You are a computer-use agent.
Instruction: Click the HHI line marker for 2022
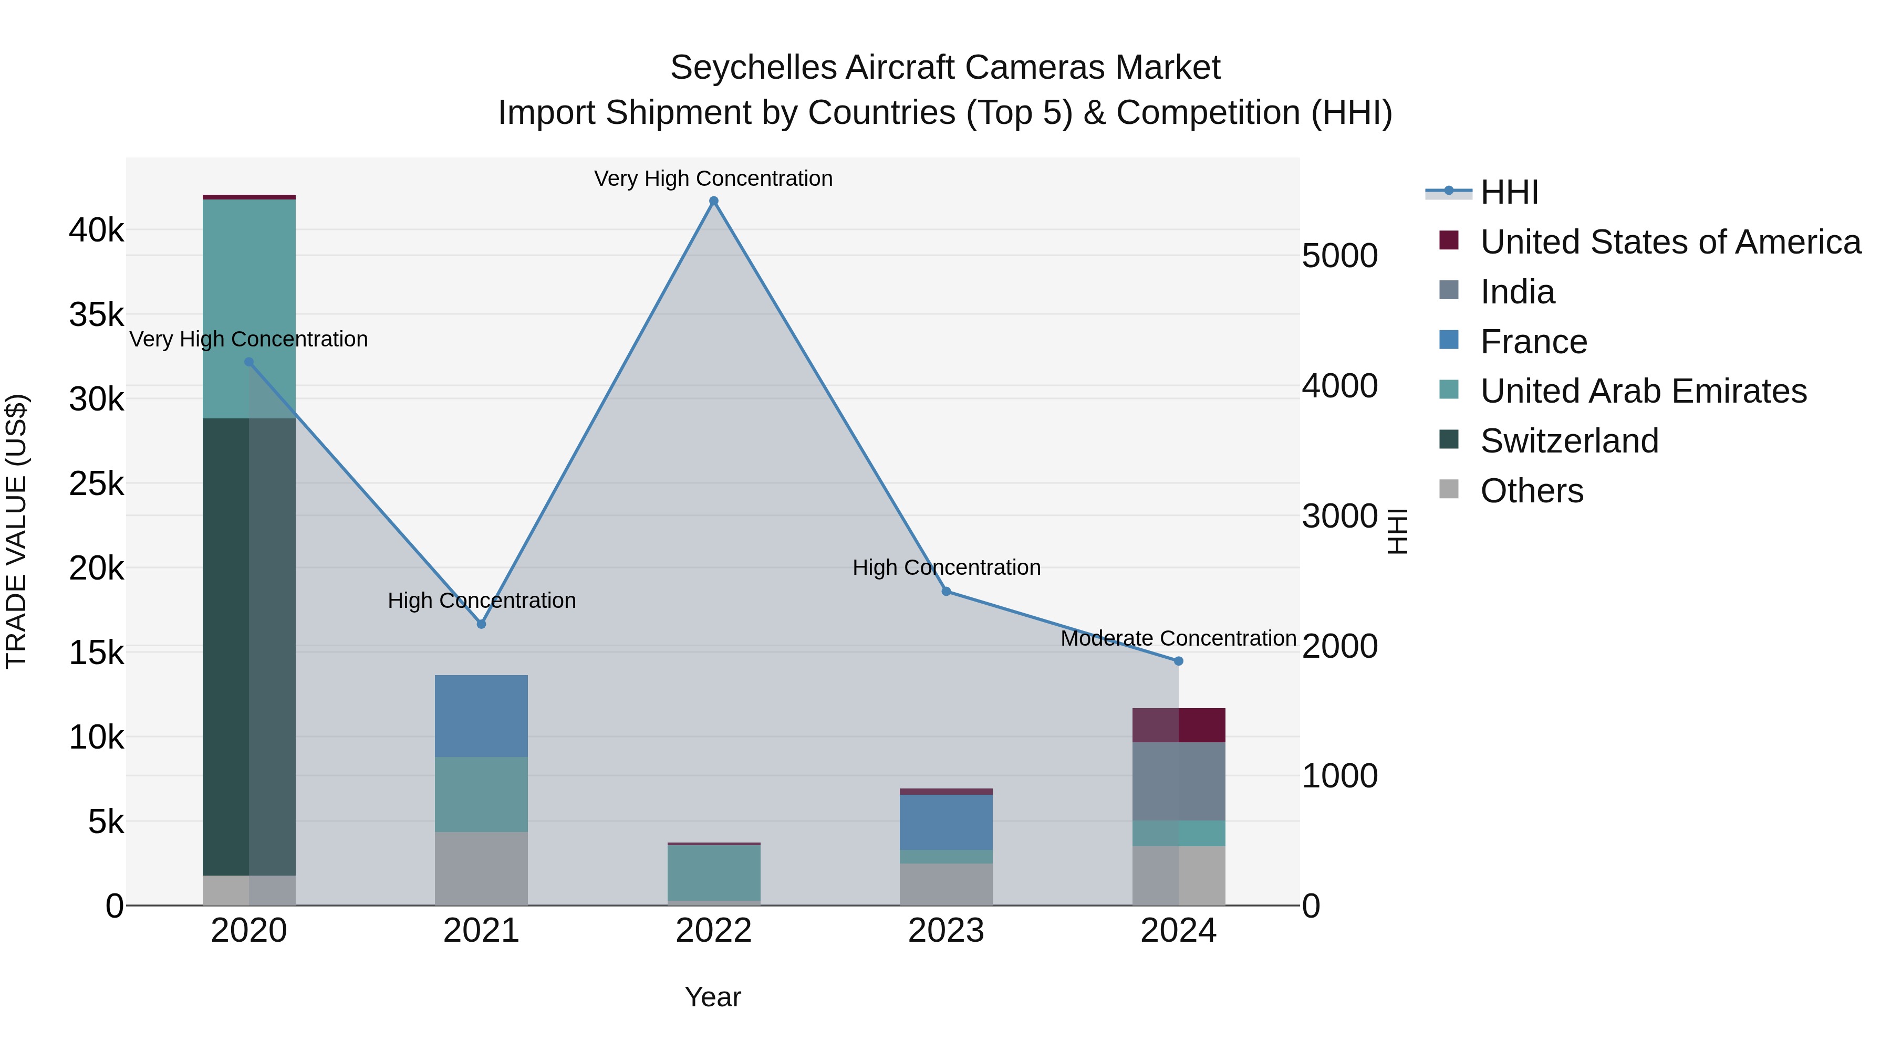(713, 201)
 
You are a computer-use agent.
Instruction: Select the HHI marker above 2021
(482, 624)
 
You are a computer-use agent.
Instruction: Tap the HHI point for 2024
(1178, 661)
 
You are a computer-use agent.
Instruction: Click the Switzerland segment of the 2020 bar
(249, 646)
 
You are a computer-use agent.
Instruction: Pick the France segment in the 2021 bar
(482, 715)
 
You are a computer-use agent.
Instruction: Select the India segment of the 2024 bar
(1178, 781)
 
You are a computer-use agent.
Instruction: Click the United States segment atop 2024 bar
(1178, 725)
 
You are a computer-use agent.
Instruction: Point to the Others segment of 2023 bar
(946, 884)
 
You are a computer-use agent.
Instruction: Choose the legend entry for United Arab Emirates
(1643, 391)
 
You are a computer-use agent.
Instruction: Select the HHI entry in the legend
(1509, 192)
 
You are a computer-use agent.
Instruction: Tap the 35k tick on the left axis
(96, 315)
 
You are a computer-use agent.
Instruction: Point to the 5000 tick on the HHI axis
(1339, 256)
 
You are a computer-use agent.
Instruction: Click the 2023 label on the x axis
(946, 931)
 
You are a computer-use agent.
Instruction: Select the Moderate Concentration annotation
(1178, 638)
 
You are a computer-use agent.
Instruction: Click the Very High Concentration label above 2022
(713, 178)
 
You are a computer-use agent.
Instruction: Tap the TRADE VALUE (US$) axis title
(16, 531)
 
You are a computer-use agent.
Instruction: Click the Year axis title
(713, 997)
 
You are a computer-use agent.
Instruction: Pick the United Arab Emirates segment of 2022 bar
(713, 873)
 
